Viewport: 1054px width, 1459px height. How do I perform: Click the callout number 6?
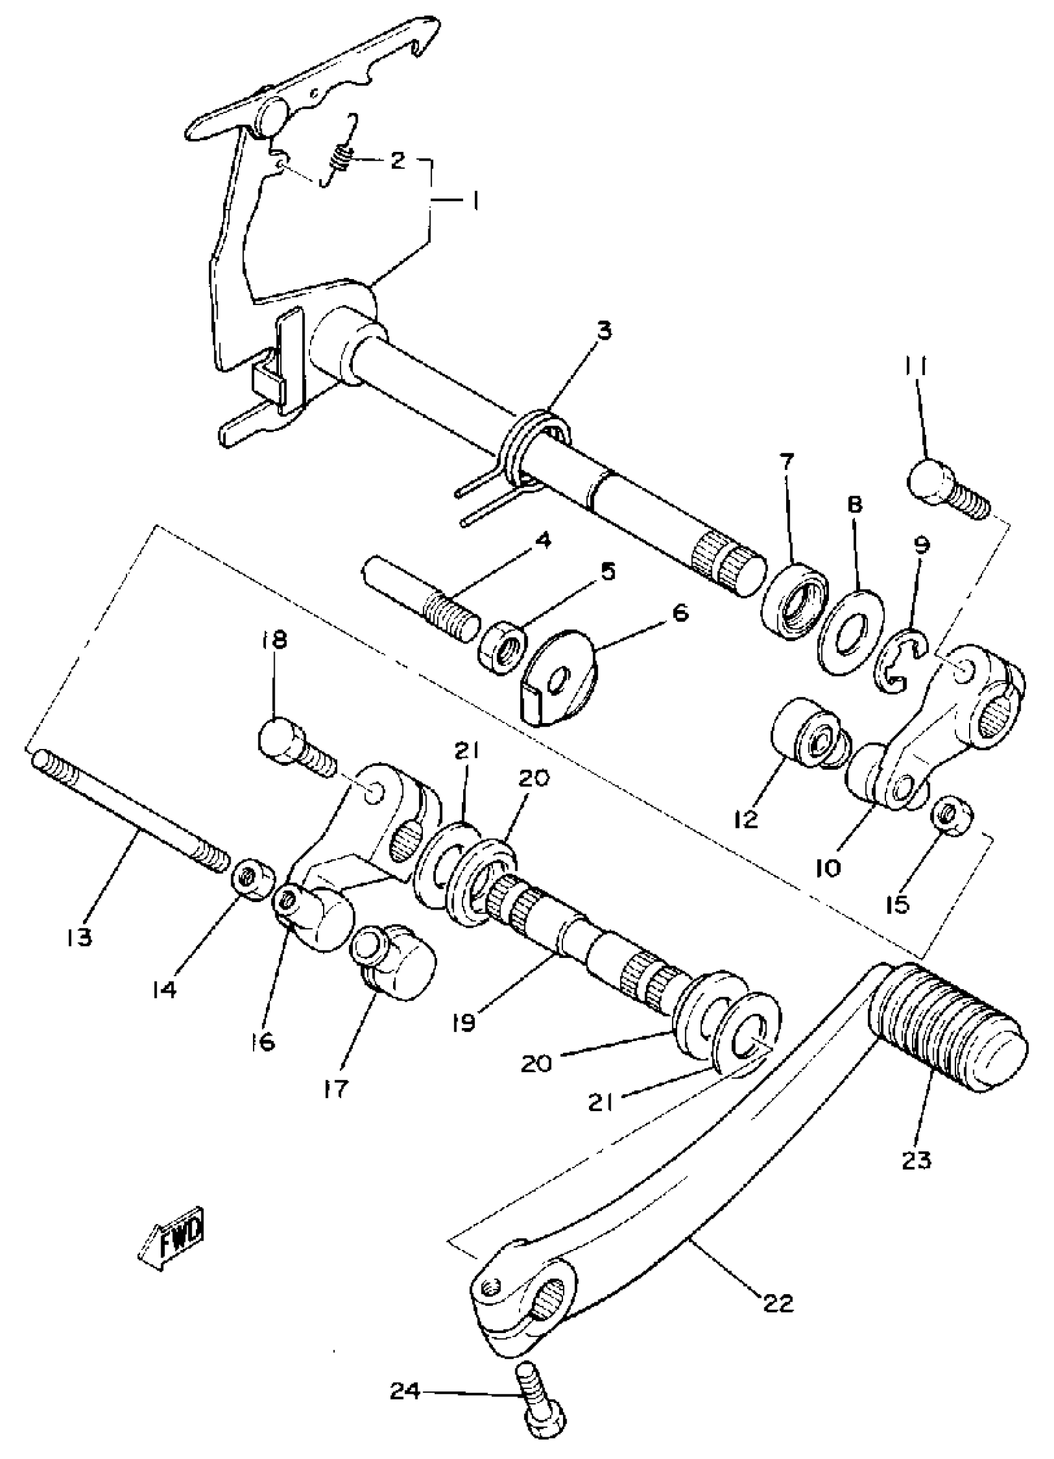tap(680, 612)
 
